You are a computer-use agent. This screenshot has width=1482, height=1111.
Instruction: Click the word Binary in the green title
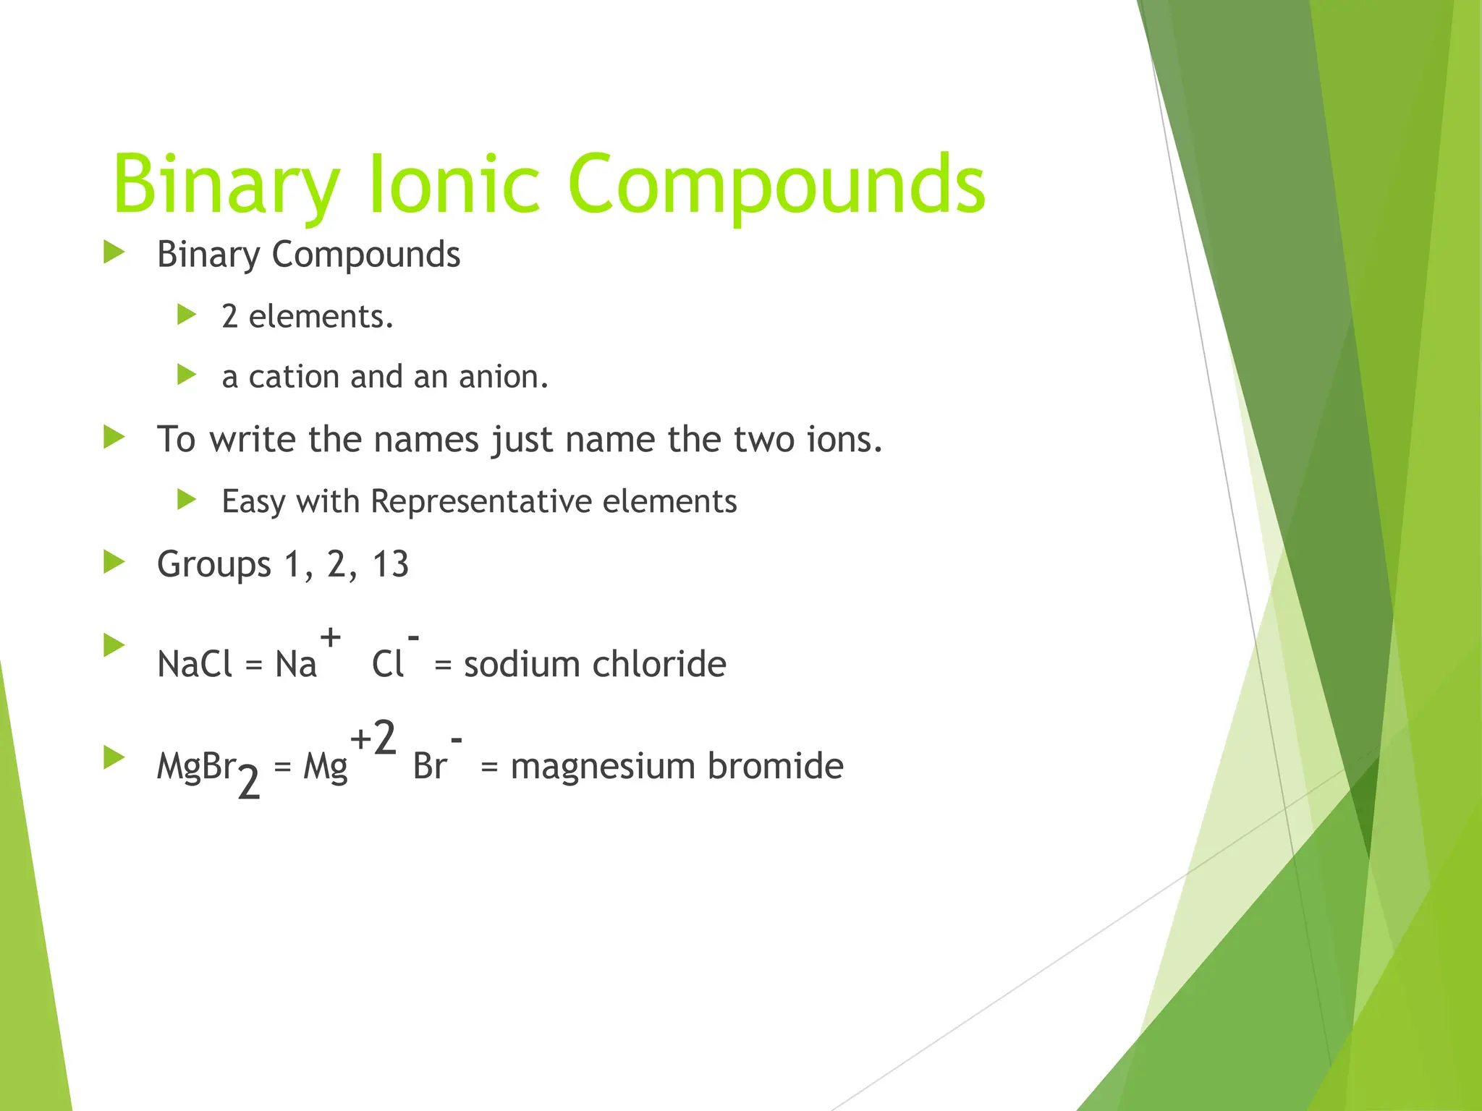[x=226, y=187]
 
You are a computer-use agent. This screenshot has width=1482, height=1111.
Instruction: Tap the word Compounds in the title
[x=776, y=187]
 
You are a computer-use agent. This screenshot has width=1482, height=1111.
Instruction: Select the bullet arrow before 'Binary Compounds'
[x=114, y=252]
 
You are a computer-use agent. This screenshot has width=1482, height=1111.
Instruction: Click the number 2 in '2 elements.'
[x=229, y=317]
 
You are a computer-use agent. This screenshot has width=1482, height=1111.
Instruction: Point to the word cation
[x=294, y=377]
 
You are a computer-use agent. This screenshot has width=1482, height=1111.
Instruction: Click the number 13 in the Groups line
[x=390, y=564]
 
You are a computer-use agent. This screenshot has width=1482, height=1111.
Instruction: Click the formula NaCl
[x=195, y=664]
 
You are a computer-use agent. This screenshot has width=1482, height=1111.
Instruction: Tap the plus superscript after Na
[x=330, y=637]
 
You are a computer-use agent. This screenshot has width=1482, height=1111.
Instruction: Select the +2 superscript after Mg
[x=373, y=738]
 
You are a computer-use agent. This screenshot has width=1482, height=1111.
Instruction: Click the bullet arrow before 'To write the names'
[x=114, y=437]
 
